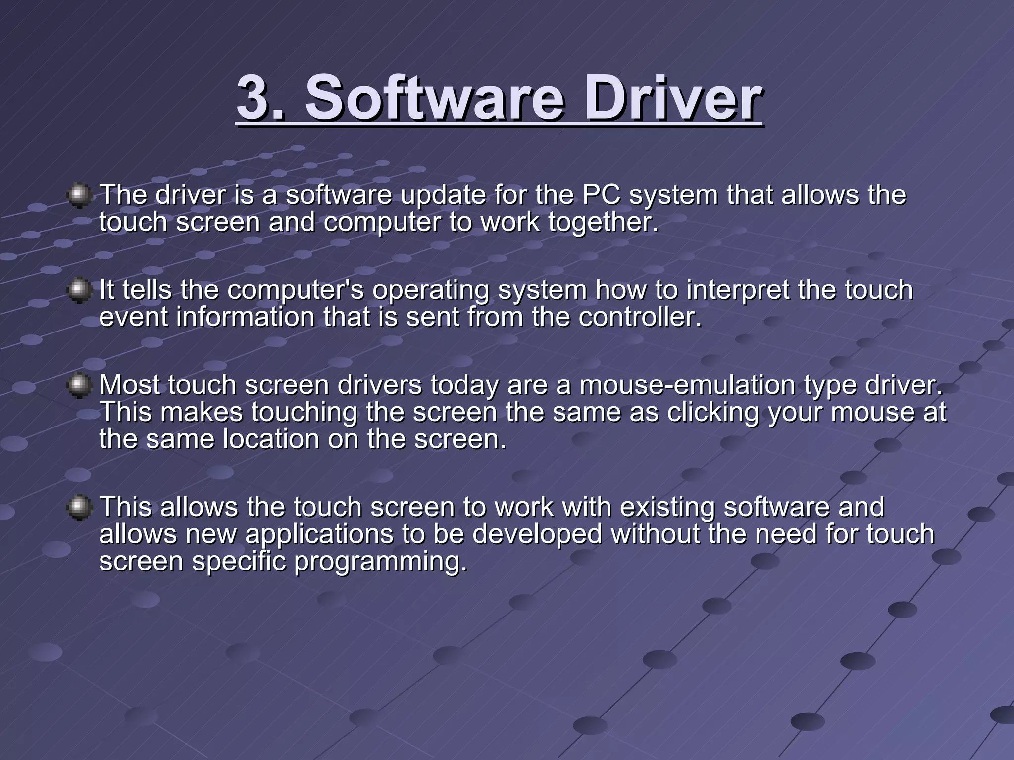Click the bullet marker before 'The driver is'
[79, 196]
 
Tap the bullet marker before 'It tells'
[79, 290]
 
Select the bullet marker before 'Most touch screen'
[79, 386]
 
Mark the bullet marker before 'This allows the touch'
[79, 508]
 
